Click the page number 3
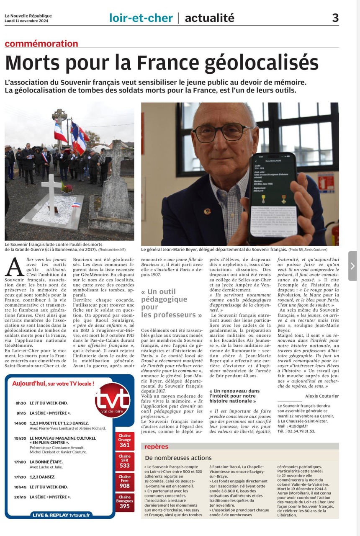[x=335, y=18]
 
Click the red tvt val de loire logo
[x=112, y=401]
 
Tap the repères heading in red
[x=156, y=446]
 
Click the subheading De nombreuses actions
[x=178, y=458]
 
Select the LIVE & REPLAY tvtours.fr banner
[x=61, y=515]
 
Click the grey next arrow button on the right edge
[x=352, y=266]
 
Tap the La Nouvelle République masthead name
[x=28, y=16]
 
